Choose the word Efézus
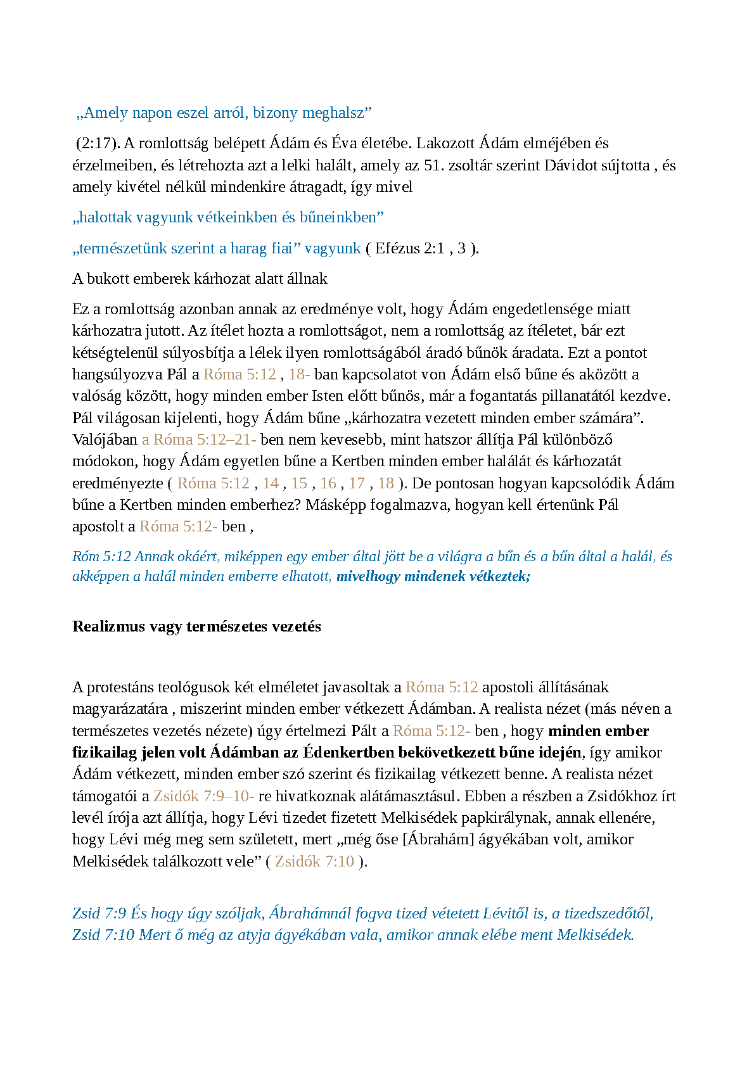point(397,248)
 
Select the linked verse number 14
point(271,483)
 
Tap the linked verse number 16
point(328,483)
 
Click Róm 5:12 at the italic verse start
point(101,557)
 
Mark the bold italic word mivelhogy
point(368,576)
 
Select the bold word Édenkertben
point(348,752)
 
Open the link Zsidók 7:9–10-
point(203,796)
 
